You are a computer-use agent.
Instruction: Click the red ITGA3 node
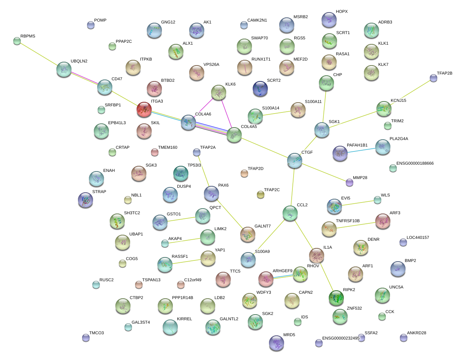(144, 109)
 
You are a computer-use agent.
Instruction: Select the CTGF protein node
(294, 161)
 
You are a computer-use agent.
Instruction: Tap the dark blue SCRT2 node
(260, 88)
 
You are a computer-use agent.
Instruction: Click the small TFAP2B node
(433, 78)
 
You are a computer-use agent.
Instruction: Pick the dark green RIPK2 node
(336, 298)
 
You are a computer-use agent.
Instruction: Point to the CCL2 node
(290, 213)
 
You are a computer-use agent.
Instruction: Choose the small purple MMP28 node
(349, 182)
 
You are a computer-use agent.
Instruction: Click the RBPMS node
(17, 41)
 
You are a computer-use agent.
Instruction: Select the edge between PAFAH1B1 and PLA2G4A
(361, 150)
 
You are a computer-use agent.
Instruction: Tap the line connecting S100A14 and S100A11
(276, 113)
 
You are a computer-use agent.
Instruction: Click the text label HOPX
(342, 12)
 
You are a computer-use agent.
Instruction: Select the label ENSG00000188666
(415, 164)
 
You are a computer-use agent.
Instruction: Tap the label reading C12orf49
(193, 280)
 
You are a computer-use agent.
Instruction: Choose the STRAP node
(85, 200)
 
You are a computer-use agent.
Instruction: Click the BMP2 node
(398, 268)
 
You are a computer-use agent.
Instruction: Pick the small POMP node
(90, 25)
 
